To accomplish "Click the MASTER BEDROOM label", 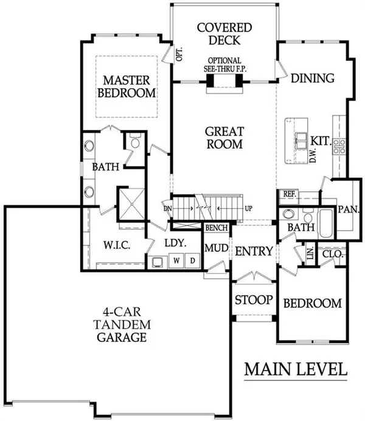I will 126,86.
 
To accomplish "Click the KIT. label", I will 320,140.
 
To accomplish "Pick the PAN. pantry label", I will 349,208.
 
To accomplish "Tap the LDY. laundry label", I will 175,243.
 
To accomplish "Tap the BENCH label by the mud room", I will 217,228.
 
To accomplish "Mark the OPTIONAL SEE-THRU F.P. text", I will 225,65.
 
